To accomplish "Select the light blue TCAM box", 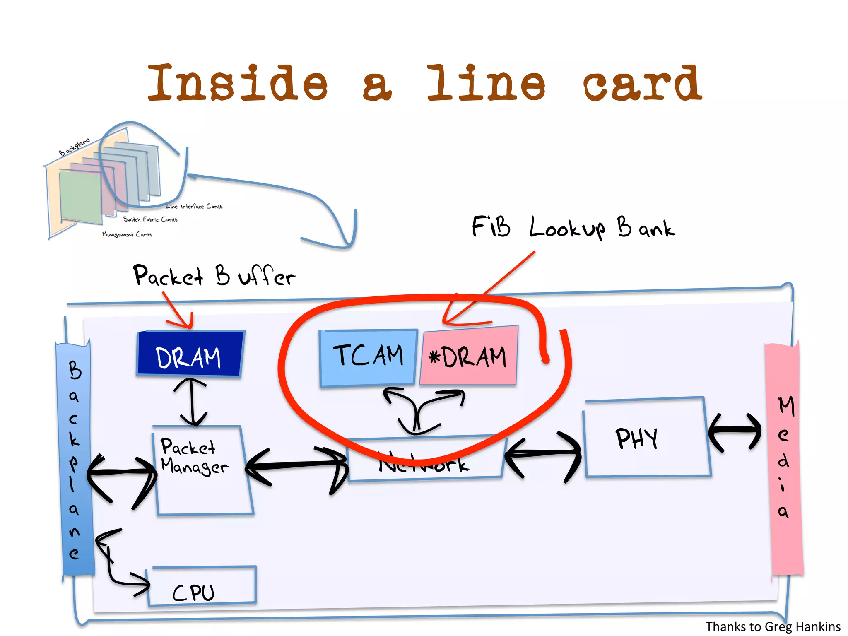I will point(368,357).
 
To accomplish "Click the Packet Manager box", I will point(203,472).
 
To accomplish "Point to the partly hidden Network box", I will point(424,464).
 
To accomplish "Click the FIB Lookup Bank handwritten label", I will point(573,228).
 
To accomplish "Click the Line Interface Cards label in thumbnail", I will point(195,206).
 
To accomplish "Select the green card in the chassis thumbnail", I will point(81,197).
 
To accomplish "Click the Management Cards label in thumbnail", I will point(127,234).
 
